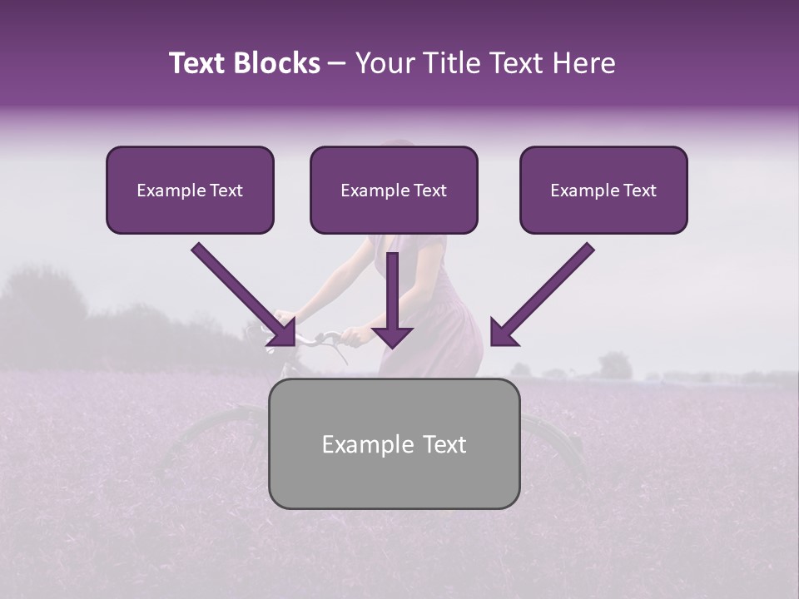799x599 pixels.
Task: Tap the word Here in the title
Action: click(x=581, y=63)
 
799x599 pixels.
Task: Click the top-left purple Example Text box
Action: click(x=190, y=190)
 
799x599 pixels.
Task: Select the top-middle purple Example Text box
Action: click(x=394, y=190)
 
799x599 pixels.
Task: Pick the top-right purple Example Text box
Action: click(x=603, y=190)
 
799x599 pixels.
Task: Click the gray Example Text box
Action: click(x=394, y=443)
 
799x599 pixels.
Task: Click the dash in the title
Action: click(x=337, y=64)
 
